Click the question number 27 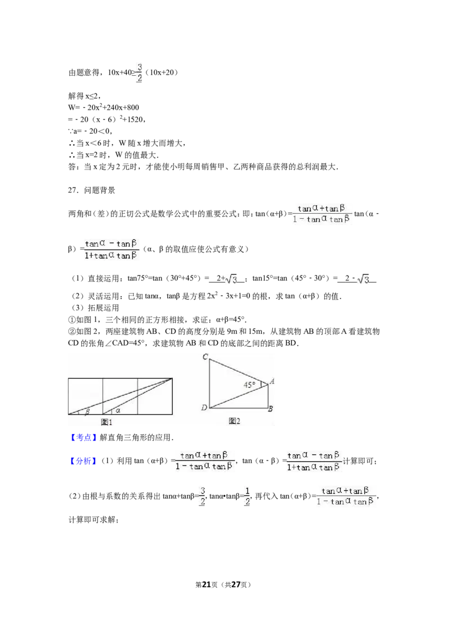[x=73, y=190]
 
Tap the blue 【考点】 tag [x=83, y=438]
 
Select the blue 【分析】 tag [x=83, y=461]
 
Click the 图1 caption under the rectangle [x=107, y=422]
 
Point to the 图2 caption [x=234, y=421]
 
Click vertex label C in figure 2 [x=205, y=357]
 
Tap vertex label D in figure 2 [x=204, y=407]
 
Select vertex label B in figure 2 [x=271, y=408]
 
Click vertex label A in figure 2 [x=272, y=381]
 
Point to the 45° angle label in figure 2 [x=249, y=384]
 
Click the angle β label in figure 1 [x=87, y=411]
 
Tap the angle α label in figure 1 [x=118, y=410]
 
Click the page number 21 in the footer [x=207, y=585]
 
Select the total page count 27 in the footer [x=235, y=585]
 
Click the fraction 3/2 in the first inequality [x=139, y=72]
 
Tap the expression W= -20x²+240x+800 [x=104, y=107]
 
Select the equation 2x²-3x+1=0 [x=228, y=296]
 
